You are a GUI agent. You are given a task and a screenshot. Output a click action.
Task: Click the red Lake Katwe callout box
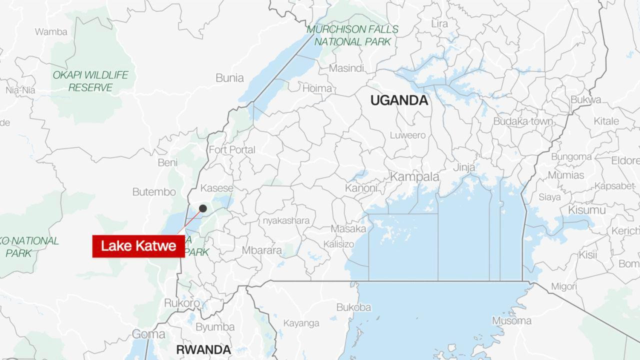tap(138, 246)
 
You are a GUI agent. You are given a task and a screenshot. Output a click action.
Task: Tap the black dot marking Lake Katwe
tap(202, 208)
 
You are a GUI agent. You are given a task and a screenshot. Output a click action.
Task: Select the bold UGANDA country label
tap(399, 100)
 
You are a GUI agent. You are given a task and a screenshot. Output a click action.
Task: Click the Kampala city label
tap(414, 177)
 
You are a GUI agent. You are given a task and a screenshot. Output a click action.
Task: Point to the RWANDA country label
tap(203, 349)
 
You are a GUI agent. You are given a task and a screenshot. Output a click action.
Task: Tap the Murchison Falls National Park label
tap(352, 35)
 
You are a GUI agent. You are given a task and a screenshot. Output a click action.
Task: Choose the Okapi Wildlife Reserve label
tap(90, 81)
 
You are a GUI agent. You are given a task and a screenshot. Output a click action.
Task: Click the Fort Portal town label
tap(231, 149)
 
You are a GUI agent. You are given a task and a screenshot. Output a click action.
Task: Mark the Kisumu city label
tap(587, 209)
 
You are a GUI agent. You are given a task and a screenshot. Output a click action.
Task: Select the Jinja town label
tap(464, 167)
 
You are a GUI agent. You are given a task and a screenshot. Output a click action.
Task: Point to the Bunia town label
tap(229, 78)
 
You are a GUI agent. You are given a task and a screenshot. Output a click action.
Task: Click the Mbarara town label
tap(261, 250)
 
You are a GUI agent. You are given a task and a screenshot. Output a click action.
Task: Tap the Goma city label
tap(148, 334)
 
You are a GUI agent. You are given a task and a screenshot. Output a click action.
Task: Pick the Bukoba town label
tap(353, 307)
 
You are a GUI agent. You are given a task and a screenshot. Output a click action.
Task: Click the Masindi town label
tap(346, 68)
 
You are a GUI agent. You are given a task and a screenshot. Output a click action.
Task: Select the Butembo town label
tap(154, 192)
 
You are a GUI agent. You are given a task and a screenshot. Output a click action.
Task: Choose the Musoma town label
tap(511, 320)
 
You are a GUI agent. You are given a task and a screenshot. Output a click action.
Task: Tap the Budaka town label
tap(523, 121)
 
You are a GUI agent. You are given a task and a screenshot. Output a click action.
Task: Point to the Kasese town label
tap(216, 188)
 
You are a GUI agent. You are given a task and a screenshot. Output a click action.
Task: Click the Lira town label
tap(439, 23)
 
